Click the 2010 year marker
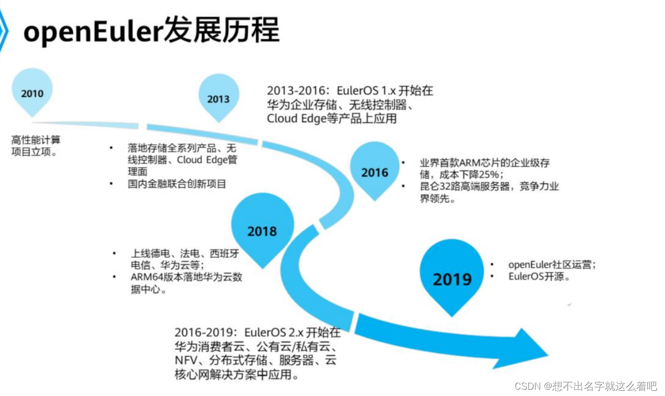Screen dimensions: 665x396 pyautogui.click(x=32, y=93)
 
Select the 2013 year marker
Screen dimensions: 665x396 pyautogui.click(x=218, y=98)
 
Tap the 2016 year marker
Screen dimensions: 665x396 pyautogui.click(x=374, y=172)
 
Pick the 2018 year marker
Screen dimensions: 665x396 pyautogui.click(x=262, y=231)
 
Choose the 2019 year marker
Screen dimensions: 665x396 pyautogui.click(x=452, y=278)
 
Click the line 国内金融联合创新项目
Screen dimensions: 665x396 pyautogui.click(x=177, y=184)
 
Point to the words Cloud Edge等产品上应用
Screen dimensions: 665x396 pyautogui.click(x=331, y=119)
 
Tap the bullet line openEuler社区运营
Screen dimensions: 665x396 pyautogui.click(x=552, y=265)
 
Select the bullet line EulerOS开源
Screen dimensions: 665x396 pyautogui.click(x=539, y=277)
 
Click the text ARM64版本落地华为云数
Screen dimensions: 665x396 pyautogui.click(x=186, y=278)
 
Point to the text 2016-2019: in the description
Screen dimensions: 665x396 pyautogui.click(x=205, y=333)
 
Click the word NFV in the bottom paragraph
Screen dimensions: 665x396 pyautogui.click(x=186, y=361)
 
